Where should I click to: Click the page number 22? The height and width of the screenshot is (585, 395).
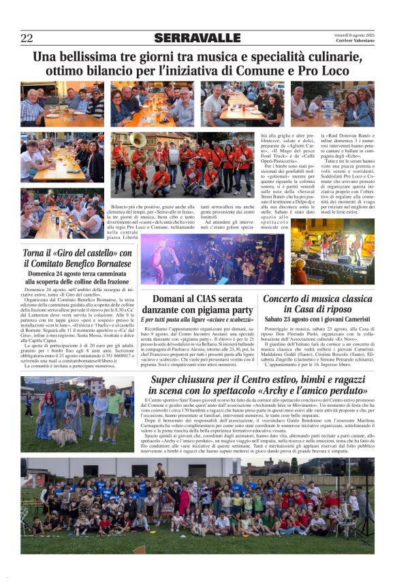(27, 38)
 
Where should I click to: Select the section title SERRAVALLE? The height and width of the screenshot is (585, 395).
(189, 38)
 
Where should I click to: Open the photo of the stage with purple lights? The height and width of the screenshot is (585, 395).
(202, 258)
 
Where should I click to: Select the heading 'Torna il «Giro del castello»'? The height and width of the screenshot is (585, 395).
(77, 254)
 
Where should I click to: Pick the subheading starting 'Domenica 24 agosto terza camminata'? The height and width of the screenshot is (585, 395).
(77, 276)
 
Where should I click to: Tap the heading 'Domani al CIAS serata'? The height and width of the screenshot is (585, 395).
(196, 299)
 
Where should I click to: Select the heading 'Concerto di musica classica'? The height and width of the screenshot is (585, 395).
(317, 299)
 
